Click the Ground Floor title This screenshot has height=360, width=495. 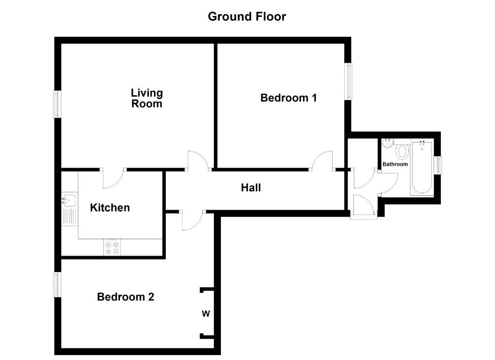click(x=247, y=16)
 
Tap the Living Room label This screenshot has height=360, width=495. click(x=147, y=98)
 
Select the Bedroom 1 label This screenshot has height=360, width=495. click(x=288, y=98)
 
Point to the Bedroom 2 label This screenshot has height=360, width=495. click(x=125, y=297)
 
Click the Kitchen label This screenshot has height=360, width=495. click(x=110, y=208)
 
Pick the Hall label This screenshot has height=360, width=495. click(x=251, y=187)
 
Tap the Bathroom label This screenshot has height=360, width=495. click(x=395, y=164)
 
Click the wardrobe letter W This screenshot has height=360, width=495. click(x=206, y=314)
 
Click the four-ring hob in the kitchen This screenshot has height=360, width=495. click(x=112, y=248)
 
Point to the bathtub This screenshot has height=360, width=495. click(x=422, y=168)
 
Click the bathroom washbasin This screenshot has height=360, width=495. click(x=387, y=143)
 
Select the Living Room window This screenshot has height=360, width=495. click(x=57, y=104)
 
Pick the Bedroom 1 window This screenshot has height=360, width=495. click(x=348, y=81)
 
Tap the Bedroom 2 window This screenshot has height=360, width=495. click(x=57, y=285)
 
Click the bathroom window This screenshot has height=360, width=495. click(x=438, y=165)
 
